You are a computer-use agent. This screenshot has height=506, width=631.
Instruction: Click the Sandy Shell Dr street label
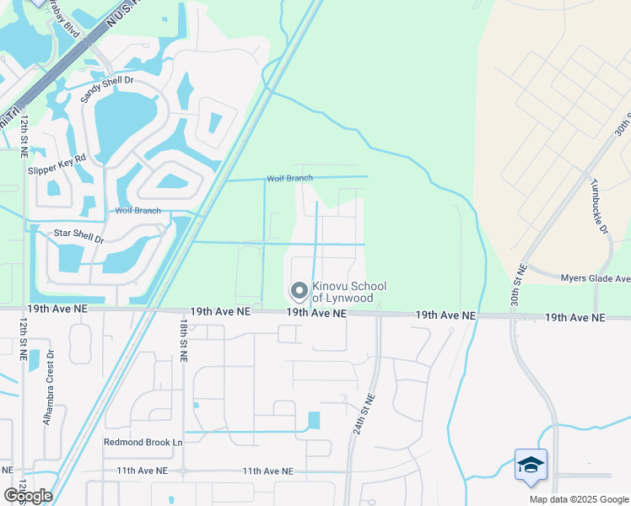pyautogui.click(x=107, y=89)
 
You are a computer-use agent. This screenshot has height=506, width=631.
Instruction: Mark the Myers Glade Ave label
pyautogui.click(x=596, y=278)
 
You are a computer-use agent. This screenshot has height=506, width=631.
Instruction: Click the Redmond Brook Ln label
pyautogui.click(x=143, y=442)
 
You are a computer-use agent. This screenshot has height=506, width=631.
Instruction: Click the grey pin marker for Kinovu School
pyautogui.click(x=299, y=291)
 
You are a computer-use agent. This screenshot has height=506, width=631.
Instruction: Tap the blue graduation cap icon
pyautogui.click(x=531, y=465)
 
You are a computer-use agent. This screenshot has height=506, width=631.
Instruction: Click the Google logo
pyautogui.click(x=28, y=495)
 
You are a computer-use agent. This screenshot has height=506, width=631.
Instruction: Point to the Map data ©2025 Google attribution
pyautogui.click(x=578, y=499)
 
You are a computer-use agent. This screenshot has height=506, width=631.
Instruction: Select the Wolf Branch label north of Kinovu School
pyautogui.click(x=289, y=178)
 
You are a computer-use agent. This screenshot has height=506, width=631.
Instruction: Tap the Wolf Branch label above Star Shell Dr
pyautogui.click(x=138, y=211)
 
